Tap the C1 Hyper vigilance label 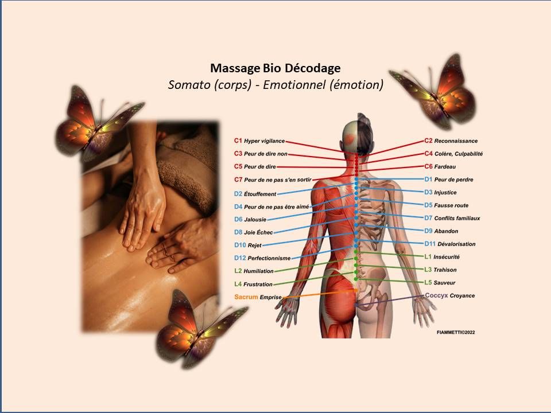pos(259,141)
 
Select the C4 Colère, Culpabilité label pos(453,154)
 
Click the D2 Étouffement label pos(255,194)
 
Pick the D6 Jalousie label pos(250,219)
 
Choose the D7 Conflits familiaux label pos(452,218)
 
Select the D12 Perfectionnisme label pos(262,258)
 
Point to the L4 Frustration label pos(253,284)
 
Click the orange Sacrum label pos(246,297)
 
